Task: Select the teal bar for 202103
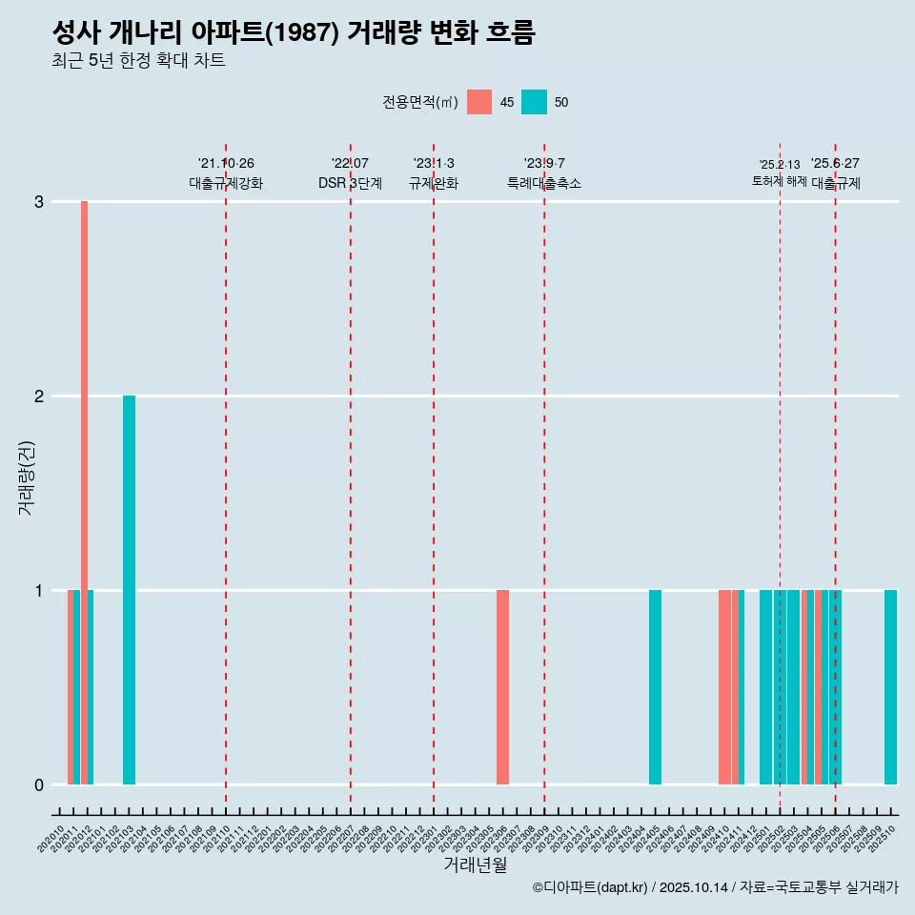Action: click(x=129, y=591)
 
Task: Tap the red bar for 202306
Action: click(x=502, y=686)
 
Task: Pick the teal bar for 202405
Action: click(x=655, y=686)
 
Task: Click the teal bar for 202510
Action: click(x=890, y=686)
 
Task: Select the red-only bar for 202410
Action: click(x=724, y=686)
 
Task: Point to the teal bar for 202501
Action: click(x=765, y=686)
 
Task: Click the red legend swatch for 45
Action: click(x=479, y=102)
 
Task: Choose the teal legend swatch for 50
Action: click(x=534, y=102)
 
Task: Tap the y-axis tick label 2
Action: click(x=39, y=396)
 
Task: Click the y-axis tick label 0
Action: click(x=39, y=785)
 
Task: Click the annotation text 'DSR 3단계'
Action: click(x=350, y=183)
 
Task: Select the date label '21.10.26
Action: click(x=226, y=163)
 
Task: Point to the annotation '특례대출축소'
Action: click(x=543, y=183)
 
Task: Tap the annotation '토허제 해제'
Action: click(x=779, y=181)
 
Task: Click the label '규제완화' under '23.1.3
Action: click(x=433, y=183)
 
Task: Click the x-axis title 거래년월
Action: click(x=475, y=864)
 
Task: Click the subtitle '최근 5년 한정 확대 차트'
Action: click(x=138, y=62)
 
